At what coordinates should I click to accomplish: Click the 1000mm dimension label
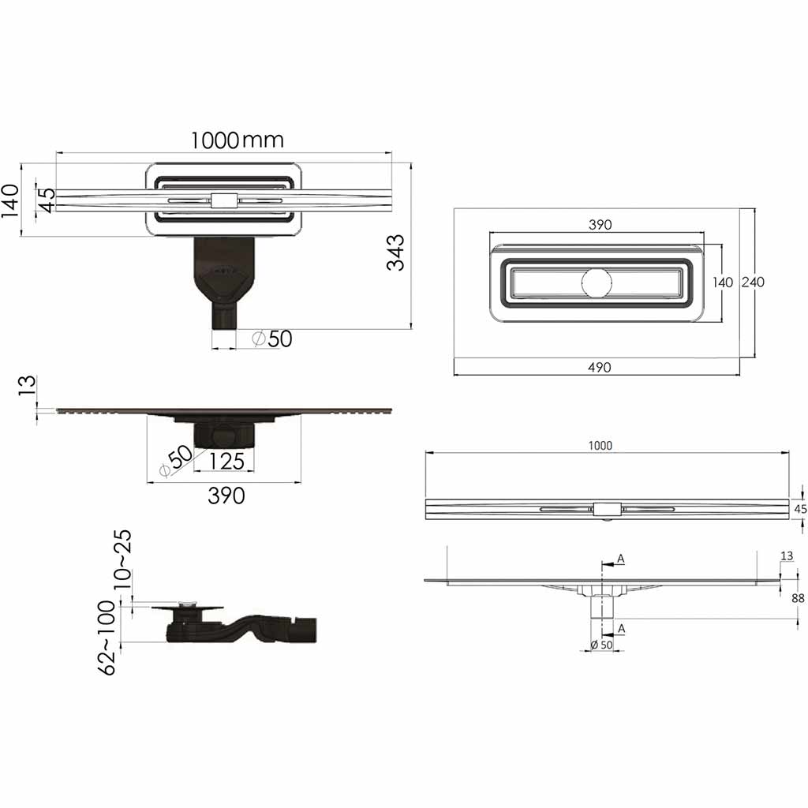point(237,140)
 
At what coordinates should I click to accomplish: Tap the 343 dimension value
point(396,252)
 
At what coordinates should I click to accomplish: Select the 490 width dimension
point(600,368)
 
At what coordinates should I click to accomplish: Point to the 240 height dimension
point(753,282)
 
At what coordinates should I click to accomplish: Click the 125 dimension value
point(226,461)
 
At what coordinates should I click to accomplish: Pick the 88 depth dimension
point(798,598)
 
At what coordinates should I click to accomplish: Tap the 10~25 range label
point(122,560)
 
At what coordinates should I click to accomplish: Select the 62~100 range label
point(107,638)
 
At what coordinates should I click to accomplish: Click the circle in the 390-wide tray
point(597,283)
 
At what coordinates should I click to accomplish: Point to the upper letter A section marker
point(621,559)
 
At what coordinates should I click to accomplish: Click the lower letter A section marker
point(622,629)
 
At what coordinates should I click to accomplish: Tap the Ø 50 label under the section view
point(601,645)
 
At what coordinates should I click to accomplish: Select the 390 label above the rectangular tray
point(600,225)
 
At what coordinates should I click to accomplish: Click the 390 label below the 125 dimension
point(226,496)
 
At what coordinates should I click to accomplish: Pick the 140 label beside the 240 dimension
point(723,282)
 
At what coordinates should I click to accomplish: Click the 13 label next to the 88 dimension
point(787,556)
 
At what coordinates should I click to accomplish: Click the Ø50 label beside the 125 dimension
point(175,460)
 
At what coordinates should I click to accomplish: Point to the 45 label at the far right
point(800,509)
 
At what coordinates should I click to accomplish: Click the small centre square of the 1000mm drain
point(224,200)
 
